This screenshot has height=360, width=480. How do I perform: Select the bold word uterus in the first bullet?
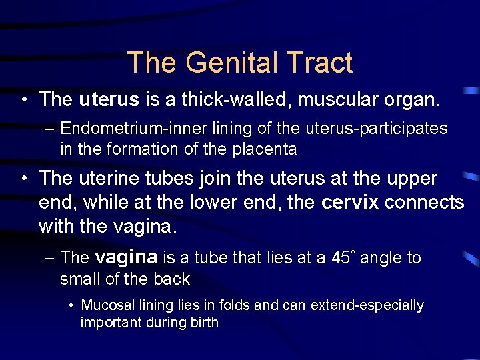[x=109, y=100]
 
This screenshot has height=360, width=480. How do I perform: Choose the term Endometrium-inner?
[x=124, y=128]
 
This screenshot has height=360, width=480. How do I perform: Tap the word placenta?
[x=265, y=149]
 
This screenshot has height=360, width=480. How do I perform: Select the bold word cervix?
[x=350, y=202]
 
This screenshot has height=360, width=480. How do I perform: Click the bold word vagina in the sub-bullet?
[x=126, y=257]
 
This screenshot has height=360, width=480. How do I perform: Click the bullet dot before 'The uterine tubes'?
[x=24, y=179]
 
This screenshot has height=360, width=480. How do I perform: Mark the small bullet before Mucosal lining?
[x=71, y=305]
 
